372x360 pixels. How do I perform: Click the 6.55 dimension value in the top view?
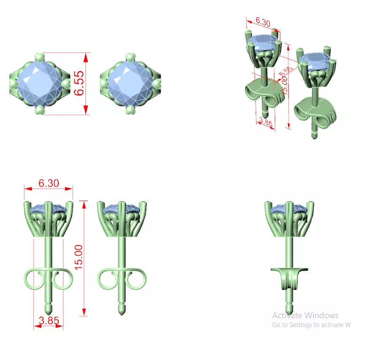pos(79,83)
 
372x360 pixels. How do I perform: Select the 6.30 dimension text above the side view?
pos(49,183)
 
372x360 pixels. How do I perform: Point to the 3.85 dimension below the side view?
pos(49,321)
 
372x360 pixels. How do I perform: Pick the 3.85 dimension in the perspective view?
pos(265,123)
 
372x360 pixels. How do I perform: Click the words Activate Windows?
pos(305,315)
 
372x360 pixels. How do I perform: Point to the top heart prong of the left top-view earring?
pos(39,57)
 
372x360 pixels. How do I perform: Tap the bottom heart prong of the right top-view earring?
pos(130,110)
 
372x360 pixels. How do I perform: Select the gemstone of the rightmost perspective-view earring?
pos(315,60)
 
